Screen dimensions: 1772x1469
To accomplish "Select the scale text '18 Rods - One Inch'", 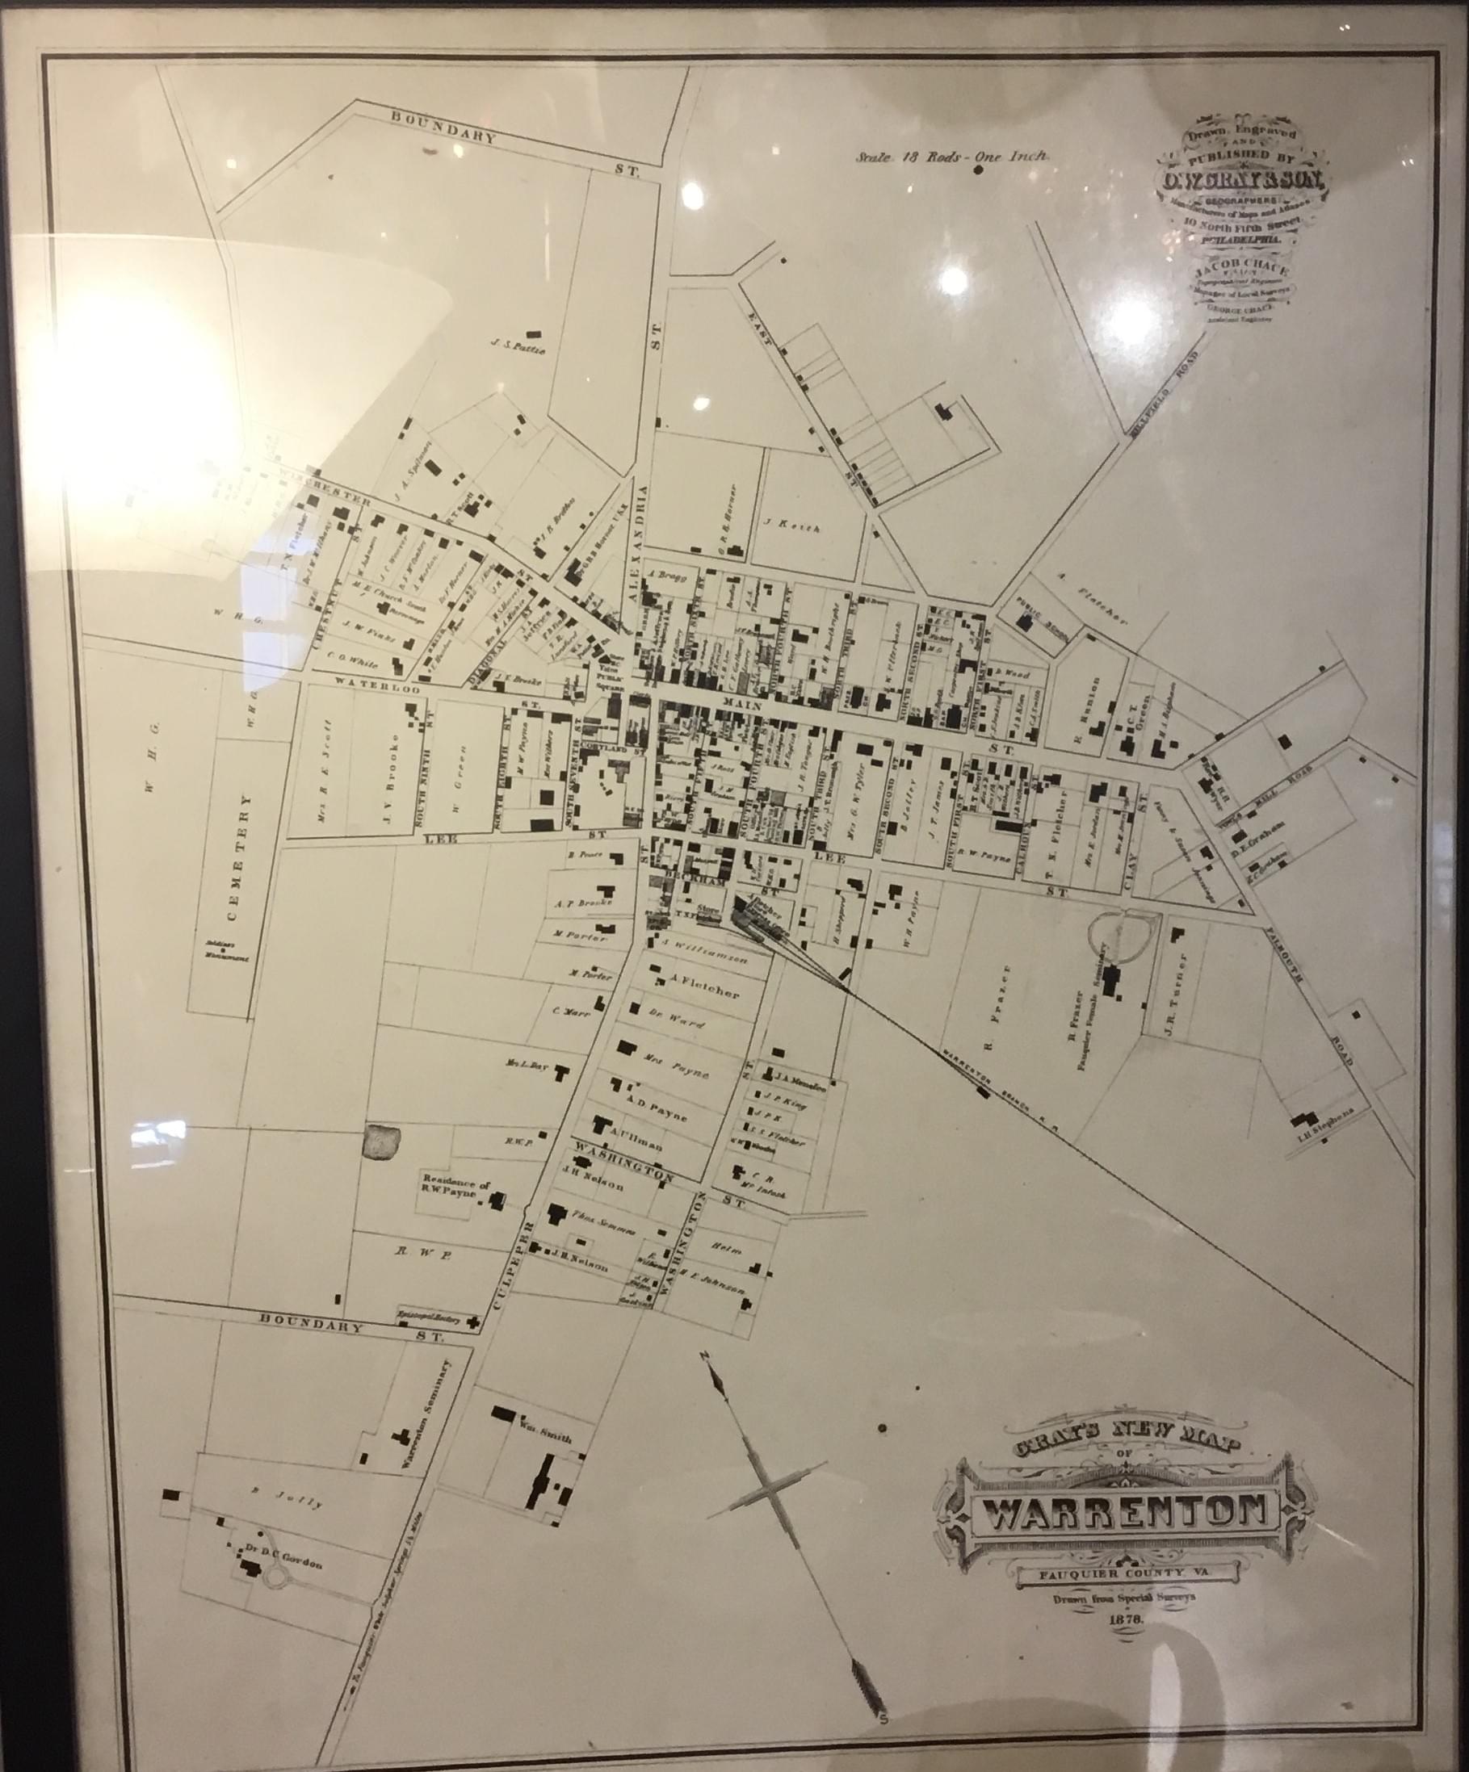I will [951, 155].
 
